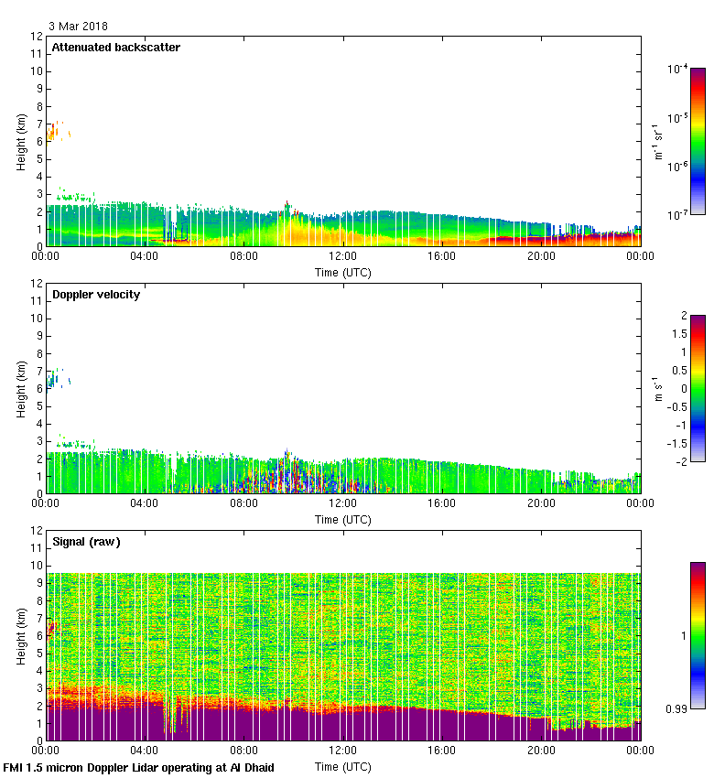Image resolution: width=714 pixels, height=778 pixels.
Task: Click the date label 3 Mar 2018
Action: (x=77, y=27)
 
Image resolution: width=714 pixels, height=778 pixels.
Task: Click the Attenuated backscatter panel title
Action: (x=115, y=47)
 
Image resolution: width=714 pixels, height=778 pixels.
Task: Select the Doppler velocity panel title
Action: (x=95, y=294)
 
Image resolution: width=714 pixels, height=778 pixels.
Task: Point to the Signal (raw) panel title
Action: (x=86, y=541)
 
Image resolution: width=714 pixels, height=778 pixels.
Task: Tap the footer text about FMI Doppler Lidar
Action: (x=139, y=767)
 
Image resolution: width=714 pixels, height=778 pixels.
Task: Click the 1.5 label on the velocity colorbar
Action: (x=678, y=334)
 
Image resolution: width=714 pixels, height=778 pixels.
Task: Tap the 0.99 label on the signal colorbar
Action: (x=677, y=708)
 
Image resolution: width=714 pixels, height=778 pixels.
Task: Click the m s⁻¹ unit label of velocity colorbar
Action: (x=659, y=388)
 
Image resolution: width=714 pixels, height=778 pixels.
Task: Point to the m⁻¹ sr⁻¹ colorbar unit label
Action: (x=659, y=141)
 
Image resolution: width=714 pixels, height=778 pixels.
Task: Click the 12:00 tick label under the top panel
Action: (x=343, y=257)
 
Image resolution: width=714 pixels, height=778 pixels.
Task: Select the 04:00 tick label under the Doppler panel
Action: (x=145, y=504)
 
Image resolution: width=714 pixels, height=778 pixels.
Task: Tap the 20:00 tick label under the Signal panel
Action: (x=541, y=751)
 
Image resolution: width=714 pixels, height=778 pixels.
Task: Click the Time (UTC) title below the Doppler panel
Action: (x=343, y=519)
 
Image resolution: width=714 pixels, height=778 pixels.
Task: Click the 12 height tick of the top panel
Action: (x=38, y=37)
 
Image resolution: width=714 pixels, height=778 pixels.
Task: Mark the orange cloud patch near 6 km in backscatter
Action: (x=55, y=131)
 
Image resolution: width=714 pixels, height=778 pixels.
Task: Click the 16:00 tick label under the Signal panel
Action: (x=442, y=751)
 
